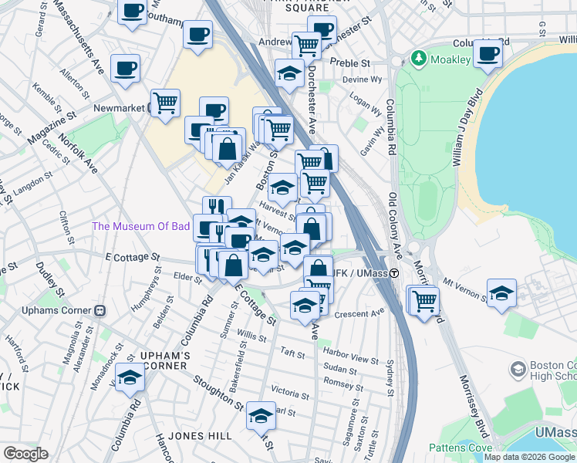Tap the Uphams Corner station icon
click(100, 310)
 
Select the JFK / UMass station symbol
click(393, 273)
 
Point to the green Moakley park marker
click(418, 59)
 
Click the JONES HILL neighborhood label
click(200, 436)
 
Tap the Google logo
click(25, 454)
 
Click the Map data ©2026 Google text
click(529, 457)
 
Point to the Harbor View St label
click(352, 360)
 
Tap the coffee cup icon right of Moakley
click(488, 55)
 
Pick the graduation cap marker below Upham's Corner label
click(130, 379)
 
